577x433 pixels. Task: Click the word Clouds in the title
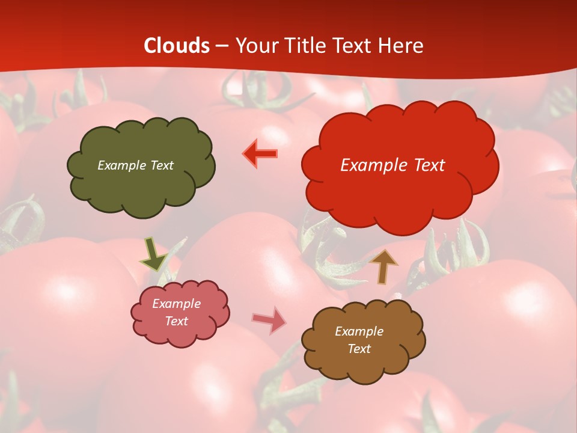coord(177,46)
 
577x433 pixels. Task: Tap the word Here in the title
coord(401,46)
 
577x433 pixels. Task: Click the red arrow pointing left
coord(260,154)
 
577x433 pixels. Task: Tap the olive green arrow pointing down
coord(153,254)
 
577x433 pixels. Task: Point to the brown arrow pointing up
coord(383,267)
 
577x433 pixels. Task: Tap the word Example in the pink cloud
coord(176,304)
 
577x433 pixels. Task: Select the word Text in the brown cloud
coord(359,349)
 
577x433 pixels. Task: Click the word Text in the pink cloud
coord(176,321)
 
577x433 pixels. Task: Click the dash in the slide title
coord(222,46)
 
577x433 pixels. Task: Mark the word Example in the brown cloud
coord(359,331)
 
